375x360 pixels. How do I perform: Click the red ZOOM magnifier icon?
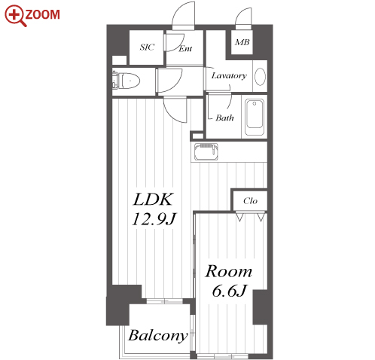tap(15, 16)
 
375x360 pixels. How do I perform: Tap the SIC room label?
tap(147, 47)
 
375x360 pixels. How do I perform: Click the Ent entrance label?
tap(185, 48)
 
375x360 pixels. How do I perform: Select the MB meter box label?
tap(242, 42)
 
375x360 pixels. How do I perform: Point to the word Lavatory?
tap(229, 75)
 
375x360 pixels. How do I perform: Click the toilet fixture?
tap(126, 81)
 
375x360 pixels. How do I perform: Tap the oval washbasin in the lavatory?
tap(260, 77)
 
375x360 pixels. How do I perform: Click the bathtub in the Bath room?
tap(255, 117)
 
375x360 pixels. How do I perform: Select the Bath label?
tap(224, 117)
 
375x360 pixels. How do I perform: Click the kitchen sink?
tap(206, 152)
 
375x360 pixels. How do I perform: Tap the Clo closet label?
tap(250, 201)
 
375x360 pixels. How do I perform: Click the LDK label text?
tap(153, 200)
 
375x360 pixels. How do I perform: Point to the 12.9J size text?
tap(154, 219)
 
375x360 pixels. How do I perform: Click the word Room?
tap(229, 271)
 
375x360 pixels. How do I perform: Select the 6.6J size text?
tap(230, 291)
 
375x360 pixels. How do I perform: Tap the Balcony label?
tap(158, 336)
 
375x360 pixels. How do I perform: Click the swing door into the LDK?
tap(175, 111)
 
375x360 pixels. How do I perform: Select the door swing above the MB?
tap(243, 17)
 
